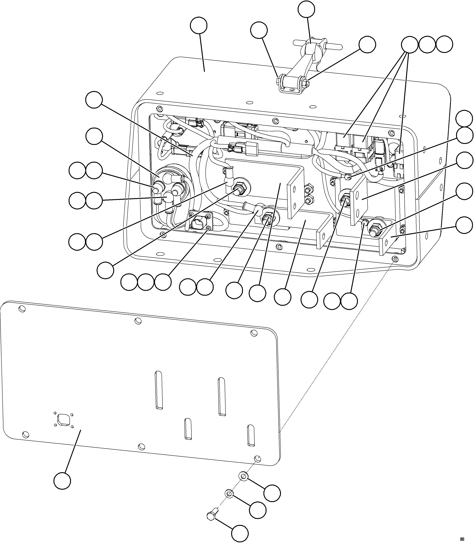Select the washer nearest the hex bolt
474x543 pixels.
tap(229, 493)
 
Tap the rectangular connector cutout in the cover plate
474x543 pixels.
tap(63, 420)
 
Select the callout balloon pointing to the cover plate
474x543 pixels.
tap(62, 481)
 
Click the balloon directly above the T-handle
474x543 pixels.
tap(306, 9)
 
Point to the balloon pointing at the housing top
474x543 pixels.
tap(199, 26)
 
